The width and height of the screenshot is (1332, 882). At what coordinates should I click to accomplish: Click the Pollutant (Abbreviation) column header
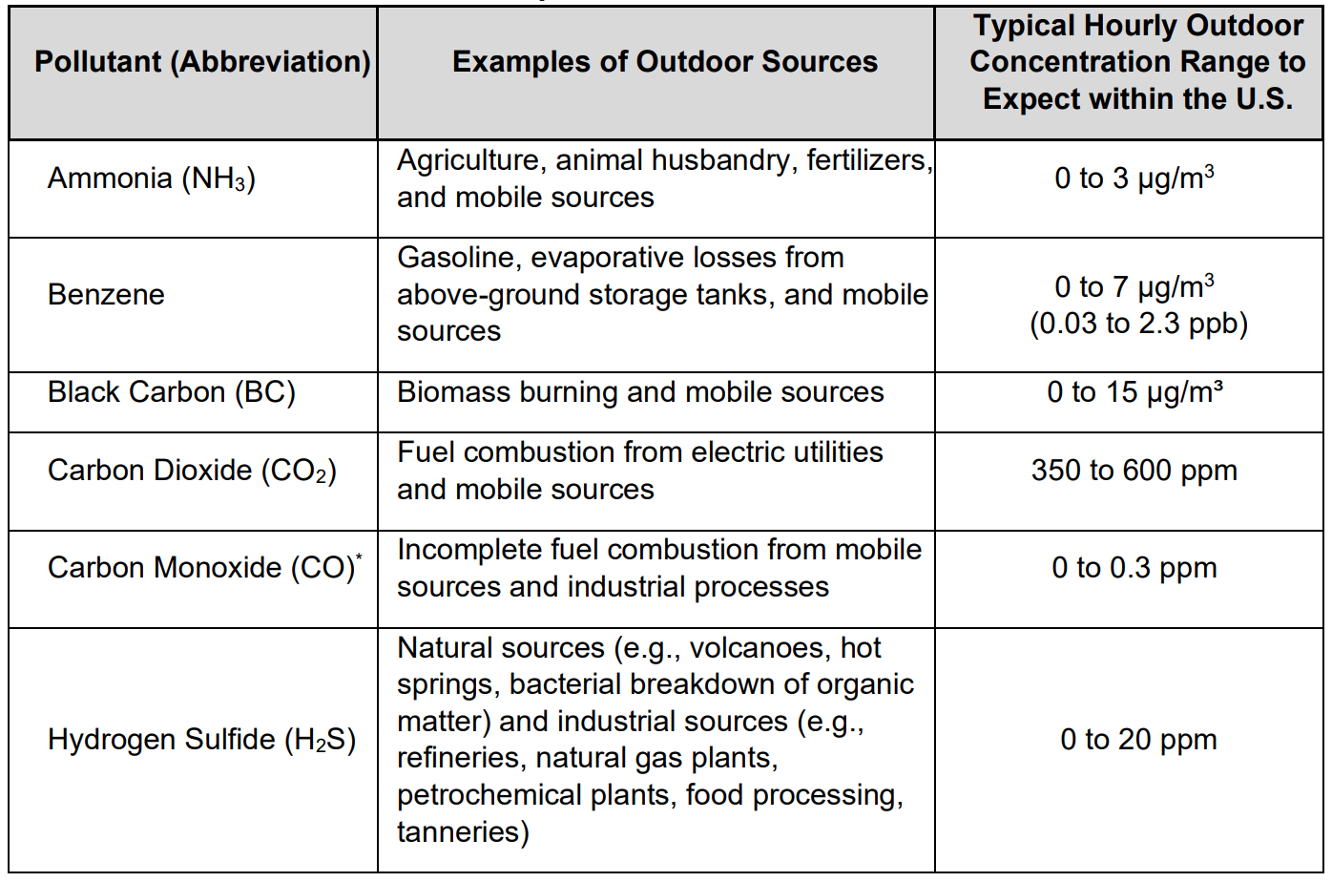[x=202, y=62]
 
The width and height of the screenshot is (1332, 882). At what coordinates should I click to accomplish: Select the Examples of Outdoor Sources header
[x=664, y=62]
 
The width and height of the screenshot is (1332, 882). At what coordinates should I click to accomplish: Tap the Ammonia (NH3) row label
[x=152, y=178]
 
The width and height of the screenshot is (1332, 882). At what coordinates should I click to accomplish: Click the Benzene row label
[x=106, y=295]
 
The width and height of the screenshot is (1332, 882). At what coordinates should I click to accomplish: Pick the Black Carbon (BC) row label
[x=172, y=392]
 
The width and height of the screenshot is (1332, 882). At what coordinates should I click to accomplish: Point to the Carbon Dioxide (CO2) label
[x=192, y=471]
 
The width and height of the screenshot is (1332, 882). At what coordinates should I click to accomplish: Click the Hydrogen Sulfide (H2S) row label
[x=201, y=740]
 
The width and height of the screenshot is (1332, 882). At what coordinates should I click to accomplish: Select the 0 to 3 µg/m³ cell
[x=1134, y=178]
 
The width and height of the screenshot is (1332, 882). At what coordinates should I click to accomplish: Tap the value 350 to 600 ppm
[x=1134, y=471]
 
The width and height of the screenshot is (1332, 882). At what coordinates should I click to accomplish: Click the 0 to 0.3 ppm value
[x=1134, y=568]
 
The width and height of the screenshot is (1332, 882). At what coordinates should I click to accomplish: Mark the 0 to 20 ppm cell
[x=1138, y=740]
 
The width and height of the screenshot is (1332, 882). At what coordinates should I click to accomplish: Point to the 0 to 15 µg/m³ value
[x=1134, y=392]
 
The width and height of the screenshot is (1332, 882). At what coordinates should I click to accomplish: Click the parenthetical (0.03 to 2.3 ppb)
[x=1138, y=324]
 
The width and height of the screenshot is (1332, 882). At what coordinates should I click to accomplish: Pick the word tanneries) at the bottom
[x=463, y=831]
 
